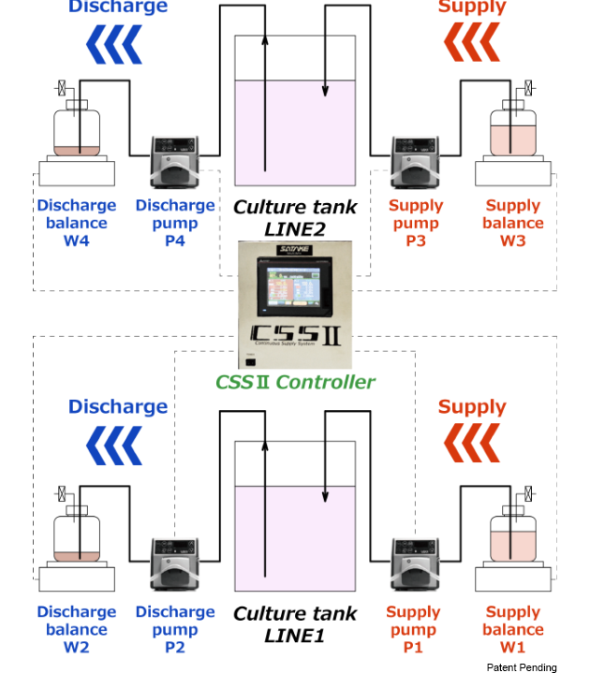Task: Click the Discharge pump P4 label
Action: point(175,223)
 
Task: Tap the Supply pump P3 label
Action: point(416,223)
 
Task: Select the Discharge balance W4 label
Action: point(77,223)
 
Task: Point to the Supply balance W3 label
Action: point(513,223)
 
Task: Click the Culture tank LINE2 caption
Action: point(295,216)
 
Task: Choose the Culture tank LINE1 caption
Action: point(295,623)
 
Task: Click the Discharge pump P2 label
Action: point(175,630)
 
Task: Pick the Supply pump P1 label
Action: point(413,630)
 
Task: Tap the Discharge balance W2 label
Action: point(77,630)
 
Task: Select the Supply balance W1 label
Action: point(513,630)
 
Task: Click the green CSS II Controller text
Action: point(295,381)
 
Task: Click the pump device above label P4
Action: point(175,163)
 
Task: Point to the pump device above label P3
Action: point(415,163)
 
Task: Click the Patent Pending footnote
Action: point(521,666)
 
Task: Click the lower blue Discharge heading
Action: point(118,406)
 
